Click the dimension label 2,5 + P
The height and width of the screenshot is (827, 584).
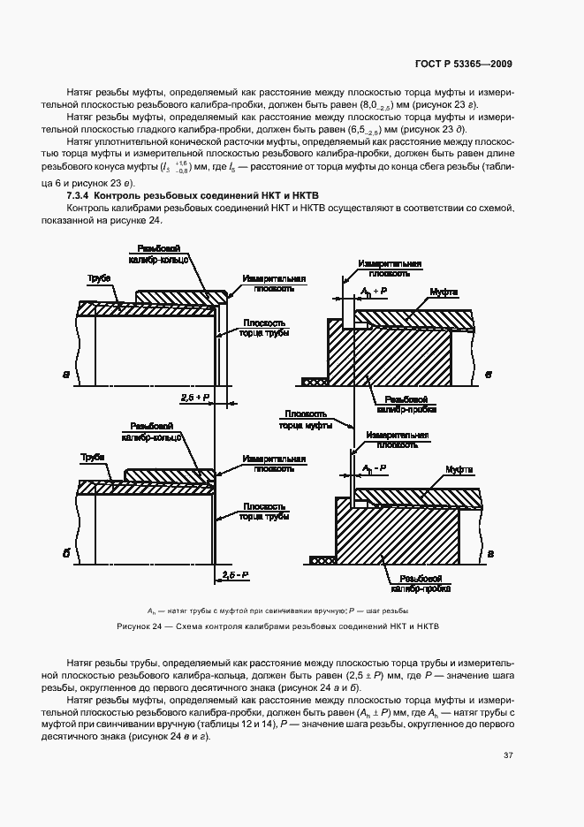tap(193, 398)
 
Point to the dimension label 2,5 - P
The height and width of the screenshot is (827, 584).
tap(234, 575)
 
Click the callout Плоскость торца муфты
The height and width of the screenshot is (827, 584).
tap(306, 419)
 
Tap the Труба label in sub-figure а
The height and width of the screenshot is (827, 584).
tap(98, 278)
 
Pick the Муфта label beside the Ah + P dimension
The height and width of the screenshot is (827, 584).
tap(444, 291)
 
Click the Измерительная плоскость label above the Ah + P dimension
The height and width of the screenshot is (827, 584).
tap(390, 268)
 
